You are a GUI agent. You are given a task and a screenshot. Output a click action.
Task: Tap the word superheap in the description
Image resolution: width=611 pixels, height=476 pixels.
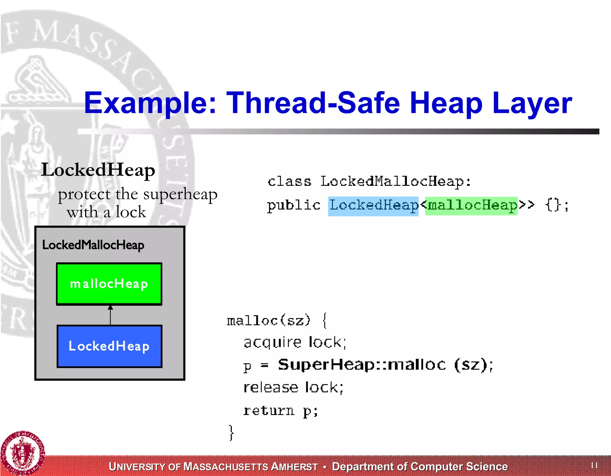click(180, 194)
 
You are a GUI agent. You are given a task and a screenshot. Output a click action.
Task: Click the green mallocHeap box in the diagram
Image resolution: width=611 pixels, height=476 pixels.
click(109, 284)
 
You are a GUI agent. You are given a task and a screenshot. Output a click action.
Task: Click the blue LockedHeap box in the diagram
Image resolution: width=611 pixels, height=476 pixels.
click(109, 346)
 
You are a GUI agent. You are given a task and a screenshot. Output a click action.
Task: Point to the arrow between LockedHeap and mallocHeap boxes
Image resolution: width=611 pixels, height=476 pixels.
click(110, 315)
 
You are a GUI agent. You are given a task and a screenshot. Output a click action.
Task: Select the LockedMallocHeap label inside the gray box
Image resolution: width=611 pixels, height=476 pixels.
click(93, 245)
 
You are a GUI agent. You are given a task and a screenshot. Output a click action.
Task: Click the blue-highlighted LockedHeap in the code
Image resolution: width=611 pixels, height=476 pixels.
click(373, 206)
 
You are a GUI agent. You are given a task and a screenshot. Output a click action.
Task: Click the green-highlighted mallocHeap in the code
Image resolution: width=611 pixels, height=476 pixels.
click(471, 206)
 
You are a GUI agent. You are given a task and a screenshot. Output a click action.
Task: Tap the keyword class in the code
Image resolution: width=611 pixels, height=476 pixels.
click(289, 182)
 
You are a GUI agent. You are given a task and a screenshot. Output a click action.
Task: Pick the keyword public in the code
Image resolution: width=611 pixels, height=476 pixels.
click(294, 206)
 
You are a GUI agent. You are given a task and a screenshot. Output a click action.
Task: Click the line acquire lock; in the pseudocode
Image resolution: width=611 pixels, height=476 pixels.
click(295, 342)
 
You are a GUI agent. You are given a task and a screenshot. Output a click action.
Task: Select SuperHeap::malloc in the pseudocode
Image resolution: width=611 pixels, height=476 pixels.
click(362, 365)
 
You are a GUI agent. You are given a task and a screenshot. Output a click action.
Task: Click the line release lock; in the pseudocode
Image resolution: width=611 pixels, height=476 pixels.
click(294, 388)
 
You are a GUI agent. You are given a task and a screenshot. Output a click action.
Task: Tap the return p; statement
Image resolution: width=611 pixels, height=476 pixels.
click(281, 411)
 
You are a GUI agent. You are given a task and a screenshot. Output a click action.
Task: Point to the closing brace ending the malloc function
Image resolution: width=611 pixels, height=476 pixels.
click(231, 432)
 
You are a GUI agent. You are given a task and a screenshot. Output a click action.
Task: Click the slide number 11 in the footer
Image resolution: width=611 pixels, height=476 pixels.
click(594, 465)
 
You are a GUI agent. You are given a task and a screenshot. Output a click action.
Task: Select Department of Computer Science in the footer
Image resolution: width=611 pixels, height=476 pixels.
click(420, 466)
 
